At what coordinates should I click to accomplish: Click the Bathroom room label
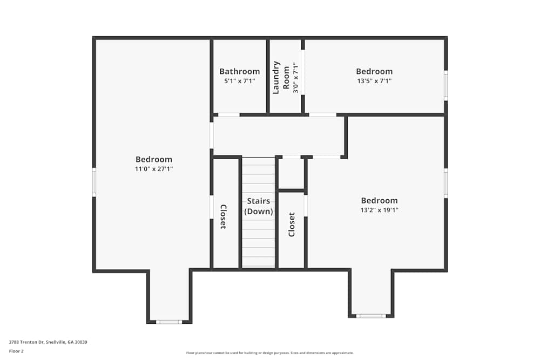[239, 71]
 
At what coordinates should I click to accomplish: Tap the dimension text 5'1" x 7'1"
[239, 81]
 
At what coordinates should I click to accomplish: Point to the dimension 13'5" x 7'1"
[374, 81]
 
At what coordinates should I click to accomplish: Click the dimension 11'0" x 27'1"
[154, 169]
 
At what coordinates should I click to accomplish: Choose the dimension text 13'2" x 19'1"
[379, 210]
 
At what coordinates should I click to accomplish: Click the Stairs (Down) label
[259, 206]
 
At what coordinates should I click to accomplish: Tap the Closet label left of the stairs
[222, 217]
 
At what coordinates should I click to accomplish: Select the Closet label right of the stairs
[292, 224]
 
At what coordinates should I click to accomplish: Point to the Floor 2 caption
[16, 351]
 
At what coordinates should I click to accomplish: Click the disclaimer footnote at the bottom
[270, 353]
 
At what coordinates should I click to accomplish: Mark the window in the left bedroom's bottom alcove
[169, 322]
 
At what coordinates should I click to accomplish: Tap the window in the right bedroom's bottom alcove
[371, 316]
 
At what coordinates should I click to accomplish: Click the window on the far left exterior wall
[94, 182]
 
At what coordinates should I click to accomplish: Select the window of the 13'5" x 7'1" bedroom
[446, 85]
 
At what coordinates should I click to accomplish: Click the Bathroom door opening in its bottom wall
[229, 114]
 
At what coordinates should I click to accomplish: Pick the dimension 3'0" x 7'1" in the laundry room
[295, 78]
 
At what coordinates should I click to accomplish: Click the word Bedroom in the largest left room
[154, 159]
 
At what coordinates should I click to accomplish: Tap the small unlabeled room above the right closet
[291, 174]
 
